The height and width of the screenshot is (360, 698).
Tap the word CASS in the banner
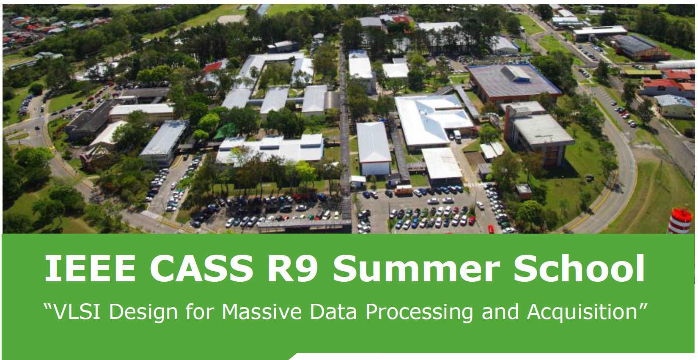pyautogui.click(x=202, y=268)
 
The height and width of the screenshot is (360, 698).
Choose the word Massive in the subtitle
pyautogui.click(x=262, y=311)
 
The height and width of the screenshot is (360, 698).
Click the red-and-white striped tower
pyautogui.click(x=681, y=221)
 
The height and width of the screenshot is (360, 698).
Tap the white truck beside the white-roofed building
pyautogui.click(x=457, y=136)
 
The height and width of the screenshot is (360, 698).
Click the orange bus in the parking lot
pyautogui.click(x=404, y=190)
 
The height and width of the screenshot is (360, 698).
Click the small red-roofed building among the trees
pyautogui.click(x=213, y=67)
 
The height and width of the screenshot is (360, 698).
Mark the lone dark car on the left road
pyautogui.click(x=37, y=128)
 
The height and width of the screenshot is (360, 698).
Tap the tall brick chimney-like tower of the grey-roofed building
pyautogui.click(x=508, y=123)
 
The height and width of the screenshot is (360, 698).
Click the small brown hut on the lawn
pyautogui.click(x=524, y=191)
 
